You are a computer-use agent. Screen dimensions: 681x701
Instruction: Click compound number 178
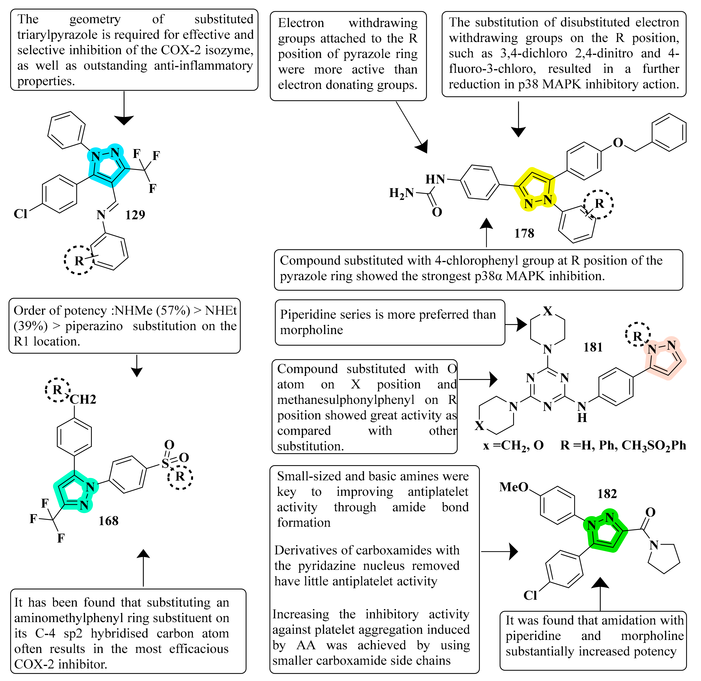(524, 233)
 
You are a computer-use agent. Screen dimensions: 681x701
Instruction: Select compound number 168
(108, 521)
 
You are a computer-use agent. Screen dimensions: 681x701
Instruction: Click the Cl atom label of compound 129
(20, 214)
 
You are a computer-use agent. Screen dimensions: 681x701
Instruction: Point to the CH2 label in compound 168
(83, 399)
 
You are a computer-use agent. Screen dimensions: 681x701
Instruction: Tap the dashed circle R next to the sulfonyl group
(180, 476)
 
